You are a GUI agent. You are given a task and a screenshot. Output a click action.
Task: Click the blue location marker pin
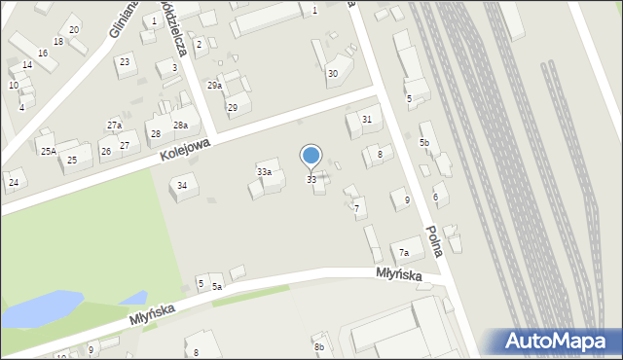click(311, 157)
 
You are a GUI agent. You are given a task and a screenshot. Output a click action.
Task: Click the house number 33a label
click(263, 171)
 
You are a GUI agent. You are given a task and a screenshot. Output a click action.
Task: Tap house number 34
click(181, 185)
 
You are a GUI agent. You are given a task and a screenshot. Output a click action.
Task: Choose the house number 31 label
click(366, 119)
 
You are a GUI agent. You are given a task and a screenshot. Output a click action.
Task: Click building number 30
click(332, 73)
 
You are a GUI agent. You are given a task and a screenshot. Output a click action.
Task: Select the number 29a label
click(214, 86)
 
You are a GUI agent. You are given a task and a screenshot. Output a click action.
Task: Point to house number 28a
click(180, 126)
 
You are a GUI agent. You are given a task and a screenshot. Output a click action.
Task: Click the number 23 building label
click(124, 61)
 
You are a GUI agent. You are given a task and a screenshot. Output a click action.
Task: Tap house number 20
click(73, 30)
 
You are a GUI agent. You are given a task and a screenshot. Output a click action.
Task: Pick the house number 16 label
click(43, 53)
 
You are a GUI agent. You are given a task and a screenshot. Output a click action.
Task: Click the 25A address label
click(47, 151)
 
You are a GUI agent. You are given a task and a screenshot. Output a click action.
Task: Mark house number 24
click(13, 182)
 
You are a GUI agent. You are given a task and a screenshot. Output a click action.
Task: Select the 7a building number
click(402, 253)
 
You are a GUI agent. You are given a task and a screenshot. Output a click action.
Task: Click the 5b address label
click(424, 143)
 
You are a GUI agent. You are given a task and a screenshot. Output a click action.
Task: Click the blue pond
click(29, 310)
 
